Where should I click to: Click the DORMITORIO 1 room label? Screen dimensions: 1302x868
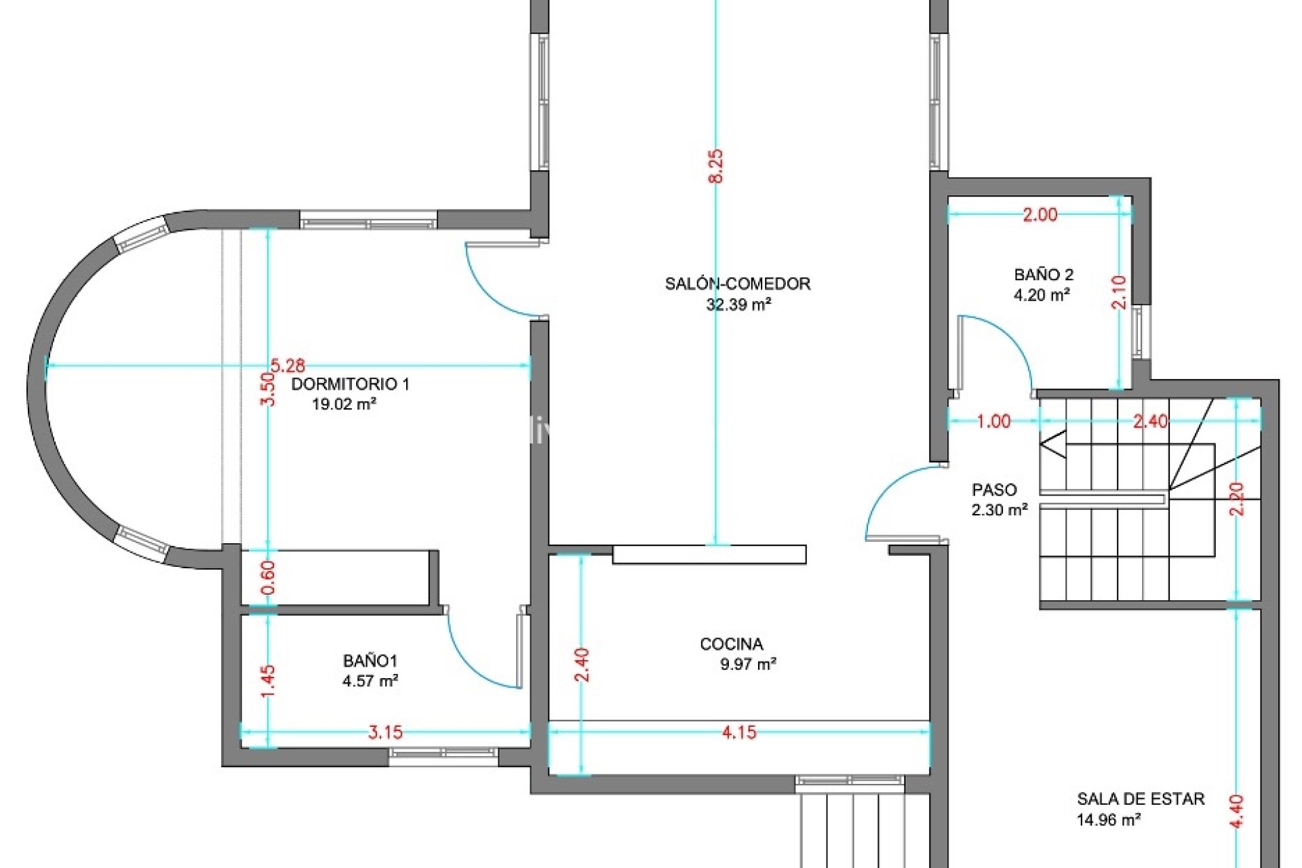click(x=350, y=384)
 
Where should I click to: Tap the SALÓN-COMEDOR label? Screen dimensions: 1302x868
click(x=737, y=283)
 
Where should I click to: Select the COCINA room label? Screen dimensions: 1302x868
click(x=732, y=644)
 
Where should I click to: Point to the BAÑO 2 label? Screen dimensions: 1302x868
click(x=1044, y=275)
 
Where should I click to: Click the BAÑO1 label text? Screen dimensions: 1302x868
click(x=370, y=660)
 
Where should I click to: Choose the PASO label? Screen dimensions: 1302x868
click(x=994, y=490)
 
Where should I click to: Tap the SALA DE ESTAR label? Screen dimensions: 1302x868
click(x=1141, y=799)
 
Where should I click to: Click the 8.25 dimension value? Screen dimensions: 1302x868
click(x=715, y=166)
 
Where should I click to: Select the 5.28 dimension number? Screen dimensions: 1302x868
click(x=288, y=366)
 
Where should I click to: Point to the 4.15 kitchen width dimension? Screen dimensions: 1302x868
click(x=738, y=732)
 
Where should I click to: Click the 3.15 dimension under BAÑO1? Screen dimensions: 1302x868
click(x=385, y=732)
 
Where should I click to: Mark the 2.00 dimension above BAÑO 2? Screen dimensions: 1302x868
click(x=1040, y=215)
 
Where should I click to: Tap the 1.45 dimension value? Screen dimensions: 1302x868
click(x=269, y=681)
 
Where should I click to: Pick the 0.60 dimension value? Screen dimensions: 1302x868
click(x=269, y=578)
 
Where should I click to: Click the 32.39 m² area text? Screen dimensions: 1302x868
click(x=738, y=304)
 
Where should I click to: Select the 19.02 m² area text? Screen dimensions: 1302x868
click(x=344, y=404)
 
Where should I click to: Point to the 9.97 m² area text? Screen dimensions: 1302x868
click(x=748, y=664)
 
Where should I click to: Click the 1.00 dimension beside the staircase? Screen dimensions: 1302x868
click(x=993, y=422)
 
